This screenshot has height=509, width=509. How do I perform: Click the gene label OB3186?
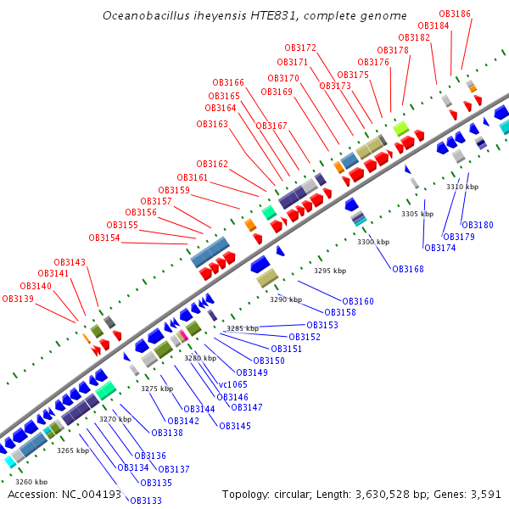click(456, 14)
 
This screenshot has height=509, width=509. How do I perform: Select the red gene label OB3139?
click(18, 299)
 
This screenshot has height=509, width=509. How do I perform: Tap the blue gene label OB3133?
click(146, 501)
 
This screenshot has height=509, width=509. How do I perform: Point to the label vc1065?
click(233, 384)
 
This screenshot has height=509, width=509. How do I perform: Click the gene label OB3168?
click(407, 269)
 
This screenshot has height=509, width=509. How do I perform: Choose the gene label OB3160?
click(358, 301)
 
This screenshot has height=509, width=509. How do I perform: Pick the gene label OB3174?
click(439, 248)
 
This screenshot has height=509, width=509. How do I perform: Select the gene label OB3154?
click(104, 238)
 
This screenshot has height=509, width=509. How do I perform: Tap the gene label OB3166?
click(228, 82)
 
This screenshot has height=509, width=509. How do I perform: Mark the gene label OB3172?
click(300, 48)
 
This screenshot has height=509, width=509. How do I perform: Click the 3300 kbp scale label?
click(373, 242)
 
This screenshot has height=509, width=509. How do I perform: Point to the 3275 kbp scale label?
click(157, 389)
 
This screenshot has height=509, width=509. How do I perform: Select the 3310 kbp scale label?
click(462, 187)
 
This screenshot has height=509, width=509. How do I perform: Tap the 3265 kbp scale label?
click(73, 450)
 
